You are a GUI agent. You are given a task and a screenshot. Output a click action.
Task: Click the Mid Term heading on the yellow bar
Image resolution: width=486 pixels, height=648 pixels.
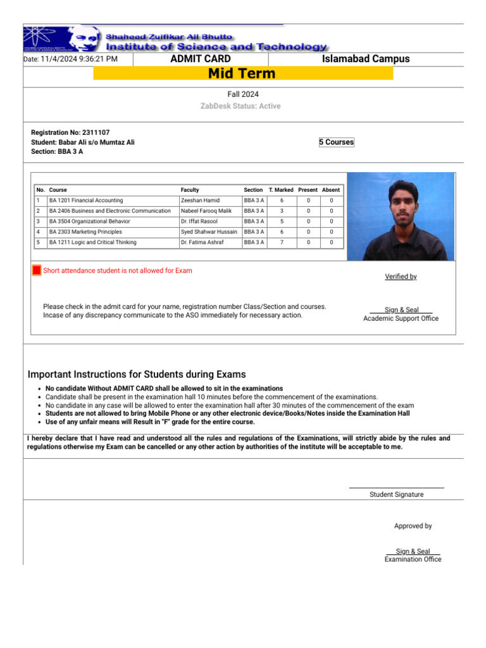(x=242, y=73)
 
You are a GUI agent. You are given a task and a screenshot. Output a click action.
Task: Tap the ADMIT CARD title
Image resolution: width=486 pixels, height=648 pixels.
(x=201, y=59)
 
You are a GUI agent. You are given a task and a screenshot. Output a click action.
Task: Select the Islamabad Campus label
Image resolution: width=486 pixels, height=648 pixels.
(x=366, y=59)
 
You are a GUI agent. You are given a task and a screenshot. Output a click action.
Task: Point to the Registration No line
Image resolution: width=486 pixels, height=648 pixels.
(x=70, y=132)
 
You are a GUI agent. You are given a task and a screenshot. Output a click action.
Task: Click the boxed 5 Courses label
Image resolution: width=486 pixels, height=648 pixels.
(x=336, y=142)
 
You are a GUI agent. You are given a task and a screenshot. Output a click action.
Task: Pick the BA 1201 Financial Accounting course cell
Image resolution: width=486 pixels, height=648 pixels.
(x=86, y=201)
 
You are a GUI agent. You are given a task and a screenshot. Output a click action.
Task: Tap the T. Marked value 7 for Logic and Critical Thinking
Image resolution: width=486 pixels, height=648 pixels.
(x=281, y=242)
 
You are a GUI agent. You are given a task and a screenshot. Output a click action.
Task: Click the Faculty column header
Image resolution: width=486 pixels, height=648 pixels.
(x=190, y=190)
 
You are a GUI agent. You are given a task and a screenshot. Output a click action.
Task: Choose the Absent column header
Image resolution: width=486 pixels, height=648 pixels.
(x=331, y=190)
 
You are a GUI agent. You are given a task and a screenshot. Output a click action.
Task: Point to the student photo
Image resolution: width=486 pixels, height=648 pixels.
(x=401, y=216)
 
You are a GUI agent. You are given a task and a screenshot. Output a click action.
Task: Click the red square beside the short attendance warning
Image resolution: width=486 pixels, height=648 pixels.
(x=37, y=271)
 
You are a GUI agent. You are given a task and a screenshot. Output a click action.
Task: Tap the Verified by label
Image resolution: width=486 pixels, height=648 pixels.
(x=401, y=277)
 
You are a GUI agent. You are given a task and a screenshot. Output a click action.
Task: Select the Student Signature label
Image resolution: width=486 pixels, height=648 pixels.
(x=397, y=494)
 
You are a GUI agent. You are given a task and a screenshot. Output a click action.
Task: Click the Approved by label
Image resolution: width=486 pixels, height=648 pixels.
(x=413, y=526)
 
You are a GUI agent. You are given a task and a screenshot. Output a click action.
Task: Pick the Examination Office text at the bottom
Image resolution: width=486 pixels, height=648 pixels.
(x=413, y=559)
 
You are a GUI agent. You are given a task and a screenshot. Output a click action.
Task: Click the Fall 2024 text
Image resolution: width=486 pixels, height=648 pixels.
(x=243, y=94)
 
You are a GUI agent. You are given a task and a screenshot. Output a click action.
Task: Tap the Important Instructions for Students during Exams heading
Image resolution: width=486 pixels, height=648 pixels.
(x=137, y=375)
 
